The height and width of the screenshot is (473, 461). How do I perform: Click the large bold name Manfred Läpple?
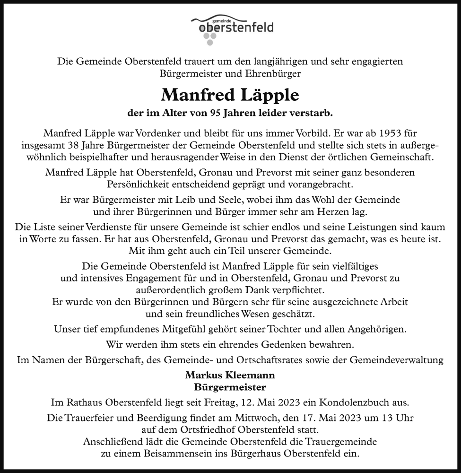pyautogui.click(x=230, y=95)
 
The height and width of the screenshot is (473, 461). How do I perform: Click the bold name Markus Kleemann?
pyautogui.click(x=230, y=375)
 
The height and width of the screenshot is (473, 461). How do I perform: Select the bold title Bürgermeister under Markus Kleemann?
pyautogui.click(x=230, y=386)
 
